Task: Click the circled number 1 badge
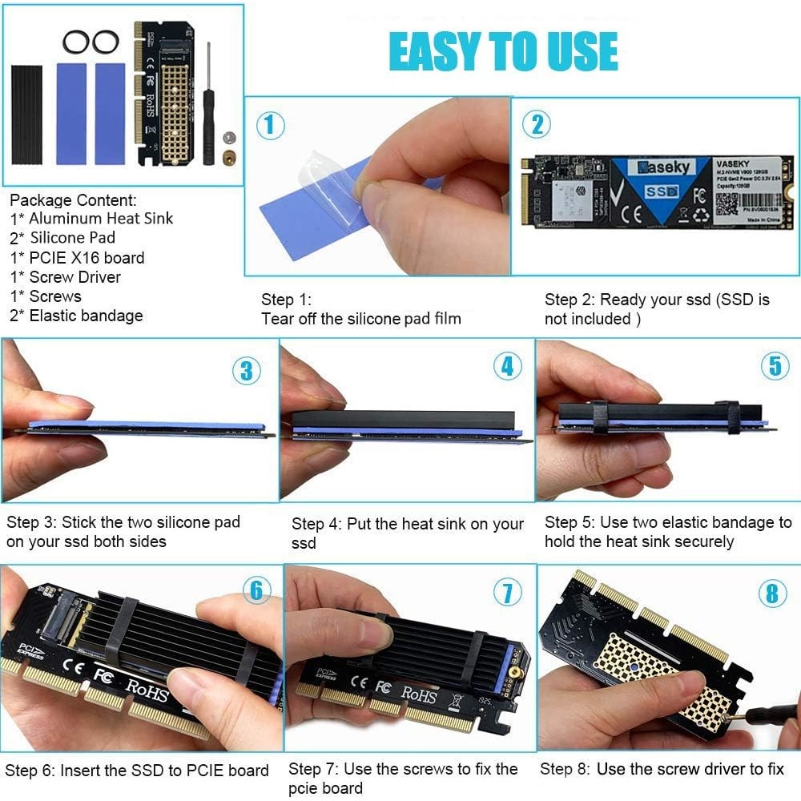pyautogui.click(x=270, y=125)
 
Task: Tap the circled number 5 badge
pyautogui.click(x=774, y=365)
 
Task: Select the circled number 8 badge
pyautogui.click(x=771, y=593)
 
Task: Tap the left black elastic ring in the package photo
pyautogui.click(x=74, y=42)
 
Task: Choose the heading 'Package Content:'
pyautogui.click(x=73, y=200)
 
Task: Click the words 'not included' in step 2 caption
pyautogui.click(x=588, y=320)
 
